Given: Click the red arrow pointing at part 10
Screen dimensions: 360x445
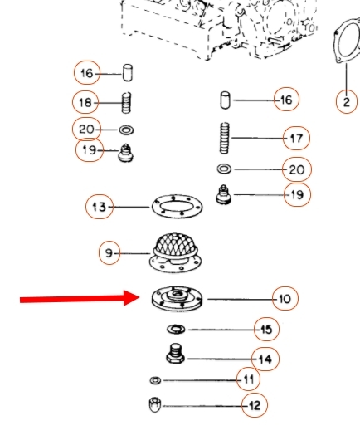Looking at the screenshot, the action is [x=80, y=298].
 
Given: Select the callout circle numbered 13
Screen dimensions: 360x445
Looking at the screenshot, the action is [x=100, y=207].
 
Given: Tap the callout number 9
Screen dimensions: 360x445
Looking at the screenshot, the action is [x=109, y=253].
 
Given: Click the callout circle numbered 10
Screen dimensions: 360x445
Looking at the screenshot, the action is [x=285, y=298].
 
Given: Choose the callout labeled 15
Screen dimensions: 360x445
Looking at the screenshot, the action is [x=266, y=330].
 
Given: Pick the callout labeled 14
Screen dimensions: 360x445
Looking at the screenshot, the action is [x=265, y=359].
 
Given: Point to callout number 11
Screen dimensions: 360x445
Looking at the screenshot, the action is [x=248, y=379].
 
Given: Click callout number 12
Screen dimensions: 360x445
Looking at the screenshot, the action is [x=255, y=405].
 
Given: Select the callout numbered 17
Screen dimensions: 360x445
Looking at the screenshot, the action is [x=296, y=138].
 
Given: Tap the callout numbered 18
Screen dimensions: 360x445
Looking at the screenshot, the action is [x=85, y=102].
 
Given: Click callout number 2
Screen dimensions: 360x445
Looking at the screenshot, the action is [x=347, y=101].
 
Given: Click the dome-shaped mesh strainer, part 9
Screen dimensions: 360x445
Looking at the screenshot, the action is [x=176, y=252].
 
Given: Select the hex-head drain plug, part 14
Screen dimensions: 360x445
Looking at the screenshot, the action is [x=175, y=354].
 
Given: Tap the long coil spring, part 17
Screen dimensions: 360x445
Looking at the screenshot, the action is [x=225, y=138].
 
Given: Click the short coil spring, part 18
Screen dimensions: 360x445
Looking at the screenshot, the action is [x=126, y=102].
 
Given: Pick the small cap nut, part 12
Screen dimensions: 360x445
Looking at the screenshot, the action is [x=155, y=404].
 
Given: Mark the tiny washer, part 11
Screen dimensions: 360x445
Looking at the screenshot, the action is [x=155, y=380].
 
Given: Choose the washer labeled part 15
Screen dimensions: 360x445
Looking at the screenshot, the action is [x=176, y=330].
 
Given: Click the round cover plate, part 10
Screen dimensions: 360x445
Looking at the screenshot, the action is [x=177, y=300].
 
